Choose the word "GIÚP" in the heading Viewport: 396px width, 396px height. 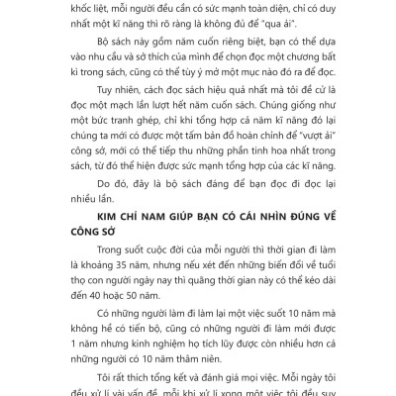(x=172, y=269)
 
